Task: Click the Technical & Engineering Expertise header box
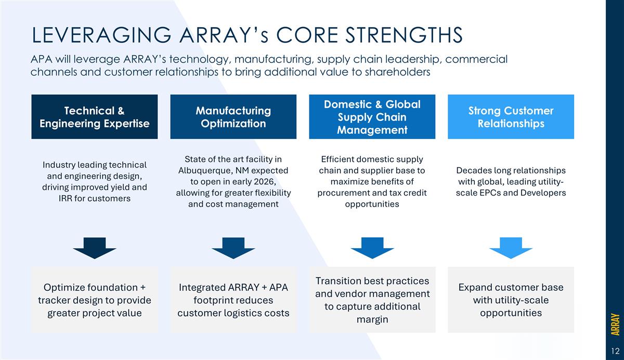94,117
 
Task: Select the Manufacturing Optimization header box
233,117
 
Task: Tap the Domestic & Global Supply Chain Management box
372,117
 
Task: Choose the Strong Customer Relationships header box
511,117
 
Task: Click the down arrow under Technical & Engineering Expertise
94,248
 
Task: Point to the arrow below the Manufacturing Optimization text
233,248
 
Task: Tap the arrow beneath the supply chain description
372,248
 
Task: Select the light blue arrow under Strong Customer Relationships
511,248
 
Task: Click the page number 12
615,350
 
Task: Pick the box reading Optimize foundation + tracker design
94,300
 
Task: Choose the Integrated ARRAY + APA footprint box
233,300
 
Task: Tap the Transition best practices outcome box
372,300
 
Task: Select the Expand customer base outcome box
511,300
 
